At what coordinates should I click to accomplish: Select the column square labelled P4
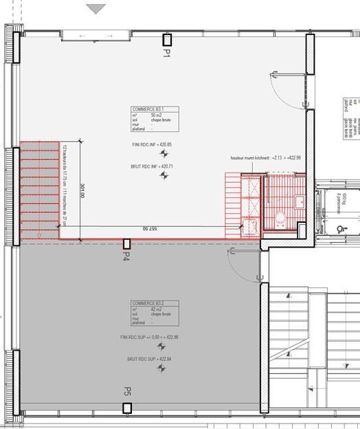point(126,243)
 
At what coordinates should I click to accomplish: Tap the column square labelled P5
point(127,408)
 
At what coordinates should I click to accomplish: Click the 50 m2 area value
point(155,114)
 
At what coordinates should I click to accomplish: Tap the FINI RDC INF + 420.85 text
point(152,145)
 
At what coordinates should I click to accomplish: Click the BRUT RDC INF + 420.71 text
point(152,166)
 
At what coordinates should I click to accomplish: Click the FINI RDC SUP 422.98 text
point(149,337)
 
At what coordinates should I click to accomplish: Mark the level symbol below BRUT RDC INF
point(163,176)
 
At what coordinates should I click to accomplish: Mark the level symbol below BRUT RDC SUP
point(161,368)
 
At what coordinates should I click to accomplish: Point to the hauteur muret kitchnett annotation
point(266,158)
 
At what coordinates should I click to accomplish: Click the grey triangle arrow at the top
point(97,9)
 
